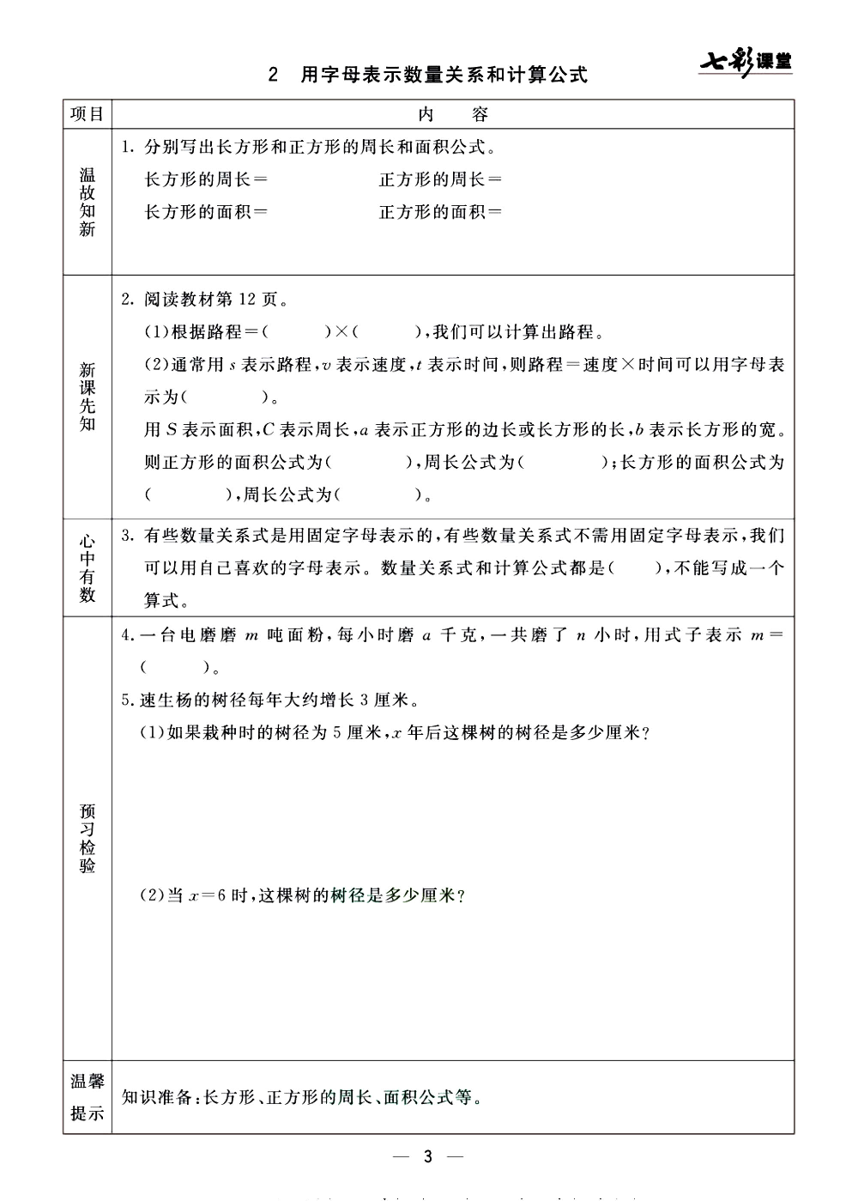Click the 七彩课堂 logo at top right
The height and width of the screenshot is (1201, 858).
tap(745, 62)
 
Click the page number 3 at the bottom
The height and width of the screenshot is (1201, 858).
tap(428, 1156)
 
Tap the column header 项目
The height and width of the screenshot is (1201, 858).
tap(87, 114)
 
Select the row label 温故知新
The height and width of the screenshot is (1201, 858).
tap(87, 202)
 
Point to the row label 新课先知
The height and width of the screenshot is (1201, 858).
tap(87, 397)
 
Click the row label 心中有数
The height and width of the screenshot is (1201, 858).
tap(87, 568)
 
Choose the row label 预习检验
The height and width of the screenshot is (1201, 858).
tap(87, 838)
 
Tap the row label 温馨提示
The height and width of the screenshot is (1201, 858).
tap(87, 1097)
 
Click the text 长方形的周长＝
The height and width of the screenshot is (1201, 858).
tap(206, 179)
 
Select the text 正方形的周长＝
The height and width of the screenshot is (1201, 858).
tap(440, 179)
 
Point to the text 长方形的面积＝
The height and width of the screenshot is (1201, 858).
tap(206, 211)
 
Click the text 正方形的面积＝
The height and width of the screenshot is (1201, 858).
tap(440, 211)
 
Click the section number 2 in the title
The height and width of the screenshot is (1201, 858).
tap(273, 75)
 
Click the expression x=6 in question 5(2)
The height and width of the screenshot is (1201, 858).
tap(206, 895)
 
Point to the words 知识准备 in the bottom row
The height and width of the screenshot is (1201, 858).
tap(157, 1097)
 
